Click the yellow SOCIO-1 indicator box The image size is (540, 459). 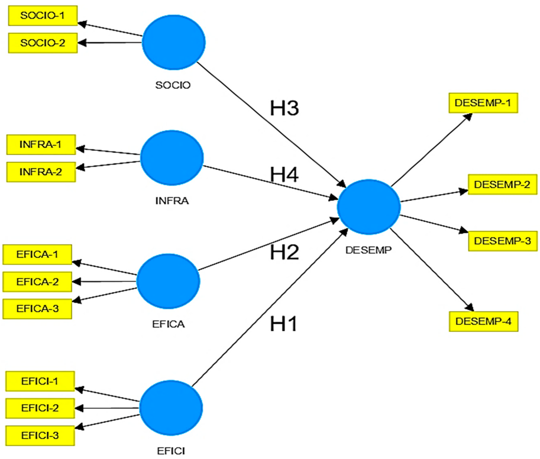pos(43,16)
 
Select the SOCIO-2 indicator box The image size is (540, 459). pos(43,43)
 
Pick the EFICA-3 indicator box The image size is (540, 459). pos(37,309)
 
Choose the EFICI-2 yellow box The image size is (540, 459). pos(40,408)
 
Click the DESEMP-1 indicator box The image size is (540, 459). pos(483,103)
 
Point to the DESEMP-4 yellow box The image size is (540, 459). pos(483,321)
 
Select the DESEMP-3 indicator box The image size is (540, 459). pos(503,241)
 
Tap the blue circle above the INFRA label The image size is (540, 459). pos(172,158)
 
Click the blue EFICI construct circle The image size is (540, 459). pos(171,408)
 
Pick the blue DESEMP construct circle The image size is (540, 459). pos(368,207)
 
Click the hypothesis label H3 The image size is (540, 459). pos(284,108)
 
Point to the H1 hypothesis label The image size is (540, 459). pos(283,324)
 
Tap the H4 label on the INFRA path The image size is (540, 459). pos(284,175)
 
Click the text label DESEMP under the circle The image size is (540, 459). pos(368,250)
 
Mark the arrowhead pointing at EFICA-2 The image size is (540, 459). pos(76,282)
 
